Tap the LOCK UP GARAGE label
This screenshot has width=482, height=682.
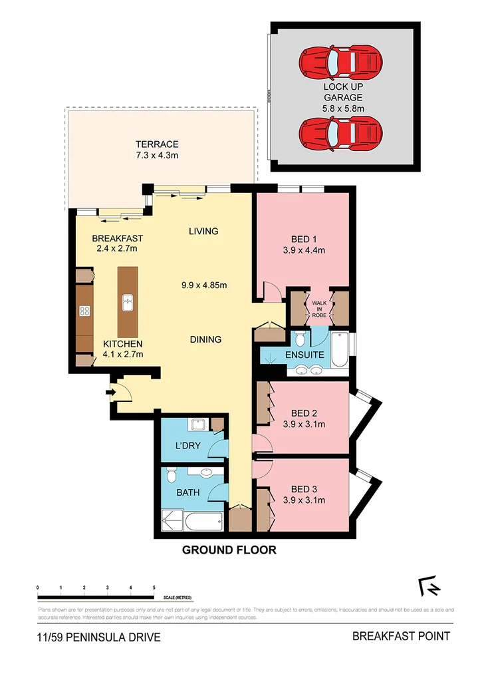click(343, 97)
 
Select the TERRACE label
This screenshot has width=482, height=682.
click(158, 150)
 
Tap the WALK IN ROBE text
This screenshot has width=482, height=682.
click(320, 307)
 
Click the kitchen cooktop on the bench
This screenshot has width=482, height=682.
click(85, 310)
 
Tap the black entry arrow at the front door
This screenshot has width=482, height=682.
click(110, 393)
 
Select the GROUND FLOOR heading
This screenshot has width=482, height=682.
click(229, 550)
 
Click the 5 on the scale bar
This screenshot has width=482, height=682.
click(154, 588)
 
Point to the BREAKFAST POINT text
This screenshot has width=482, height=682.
click(401, 636)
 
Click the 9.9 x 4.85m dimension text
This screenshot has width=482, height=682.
click(204, 286)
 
